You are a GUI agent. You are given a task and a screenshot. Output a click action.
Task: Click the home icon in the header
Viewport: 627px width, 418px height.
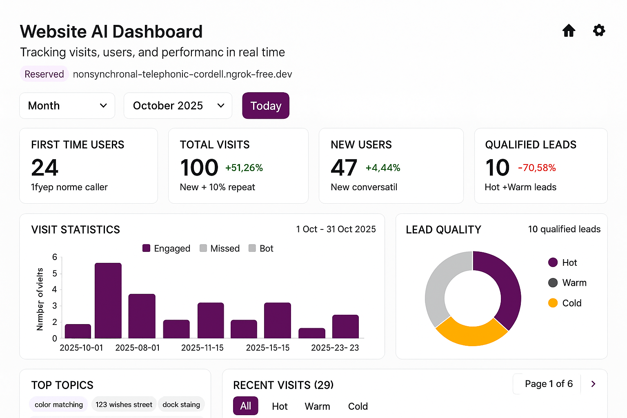(x=569, y=31)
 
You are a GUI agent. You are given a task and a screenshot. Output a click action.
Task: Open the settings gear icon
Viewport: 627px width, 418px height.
(x=599, y=30)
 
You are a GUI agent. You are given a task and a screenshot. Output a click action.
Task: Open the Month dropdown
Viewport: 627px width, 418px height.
(x=67, y=106)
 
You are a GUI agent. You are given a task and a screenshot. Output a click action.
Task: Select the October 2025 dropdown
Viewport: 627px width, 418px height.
(x=178, y=106)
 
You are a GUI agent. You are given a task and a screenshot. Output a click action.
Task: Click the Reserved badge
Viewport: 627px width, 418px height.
(x=44, y=74)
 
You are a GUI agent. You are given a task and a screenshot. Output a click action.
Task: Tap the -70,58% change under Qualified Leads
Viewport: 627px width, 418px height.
(x=537, y=168)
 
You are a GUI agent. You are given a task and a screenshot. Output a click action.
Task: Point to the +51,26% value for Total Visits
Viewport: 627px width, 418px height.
(x=244, y=168)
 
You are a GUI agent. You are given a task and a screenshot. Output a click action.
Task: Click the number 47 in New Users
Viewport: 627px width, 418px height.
(x=344, y=167)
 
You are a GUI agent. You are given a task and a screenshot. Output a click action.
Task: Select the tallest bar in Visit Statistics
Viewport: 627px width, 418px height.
(x=108, y=300)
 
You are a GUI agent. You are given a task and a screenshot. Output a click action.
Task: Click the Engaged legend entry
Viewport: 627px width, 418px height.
(x=167, y=248)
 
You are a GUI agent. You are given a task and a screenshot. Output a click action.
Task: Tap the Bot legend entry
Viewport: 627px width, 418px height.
(x=261, y=248)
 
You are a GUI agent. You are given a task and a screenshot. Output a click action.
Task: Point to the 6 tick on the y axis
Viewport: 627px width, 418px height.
(x=55, y=257)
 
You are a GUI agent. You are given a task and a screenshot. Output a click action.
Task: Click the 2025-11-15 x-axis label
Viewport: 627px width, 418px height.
(x=202, y=348)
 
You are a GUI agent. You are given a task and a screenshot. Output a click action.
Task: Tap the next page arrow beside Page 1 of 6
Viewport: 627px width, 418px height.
(x=593, y=384)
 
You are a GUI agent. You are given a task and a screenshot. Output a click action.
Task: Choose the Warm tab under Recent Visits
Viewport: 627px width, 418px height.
(x=317, y=406)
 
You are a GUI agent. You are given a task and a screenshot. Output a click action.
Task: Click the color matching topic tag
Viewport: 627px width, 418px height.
(x=58, y=405)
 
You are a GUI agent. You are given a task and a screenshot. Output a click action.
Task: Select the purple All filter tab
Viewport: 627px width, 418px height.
(x=246, y=406)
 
